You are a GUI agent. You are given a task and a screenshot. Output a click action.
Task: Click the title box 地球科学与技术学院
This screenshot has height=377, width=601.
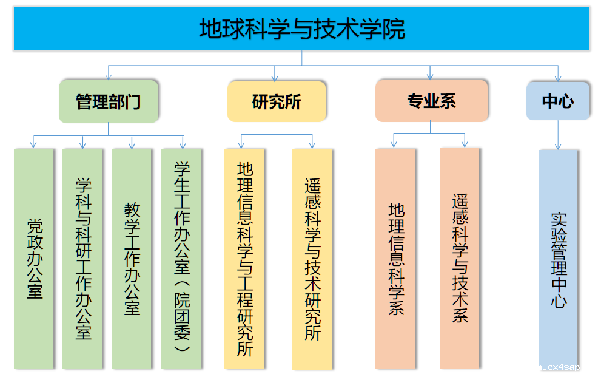[x=301, y=29]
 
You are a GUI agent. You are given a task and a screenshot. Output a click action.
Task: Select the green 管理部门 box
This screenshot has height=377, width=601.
[x=109, y=101]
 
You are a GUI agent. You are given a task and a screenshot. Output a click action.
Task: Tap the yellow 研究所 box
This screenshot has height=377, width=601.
[x=277, y=101]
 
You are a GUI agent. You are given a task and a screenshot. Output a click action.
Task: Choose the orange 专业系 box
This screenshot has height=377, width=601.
[x=431, y=101]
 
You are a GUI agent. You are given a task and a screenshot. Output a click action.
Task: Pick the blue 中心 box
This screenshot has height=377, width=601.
[x=557, y=101]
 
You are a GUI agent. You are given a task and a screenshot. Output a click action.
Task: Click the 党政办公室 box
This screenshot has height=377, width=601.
[x=34, y=259]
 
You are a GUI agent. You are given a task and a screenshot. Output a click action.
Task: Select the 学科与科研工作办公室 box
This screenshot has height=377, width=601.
[x=82, y=259]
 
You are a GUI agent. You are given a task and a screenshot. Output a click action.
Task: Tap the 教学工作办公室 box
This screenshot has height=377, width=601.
[x=132, y=259]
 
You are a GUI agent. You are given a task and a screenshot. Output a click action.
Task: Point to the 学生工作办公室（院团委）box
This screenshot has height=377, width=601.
[x=181, y=259]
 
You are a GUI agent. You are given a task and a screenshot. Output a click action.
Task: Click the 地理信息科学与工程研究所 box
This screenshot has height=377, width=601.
[x=244, y=259]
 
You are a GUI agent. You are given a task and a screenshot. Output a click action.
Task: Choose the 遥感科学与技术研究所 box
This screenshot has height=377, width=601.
[x=312, y=259]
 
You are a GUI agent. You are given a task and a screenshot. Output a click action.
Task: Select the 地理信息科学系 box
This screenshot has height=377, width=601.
[x=395, y=259]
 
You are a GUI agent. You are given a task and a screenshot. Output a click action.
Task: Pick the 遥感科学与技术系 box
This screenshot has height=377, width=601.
[x=460, y=259]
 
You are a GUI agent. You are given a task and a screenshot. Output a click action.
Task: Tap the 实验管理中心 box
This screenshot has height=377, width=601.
[x=558, y=259]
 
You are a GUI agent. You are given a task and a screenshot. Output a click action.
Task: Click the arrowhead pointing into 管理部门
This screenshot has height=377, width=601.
[x=109, y=76]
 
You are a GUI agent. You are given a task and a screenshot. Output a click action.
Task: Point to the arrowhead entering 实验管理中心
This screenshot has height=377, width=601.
[x=558, y=146]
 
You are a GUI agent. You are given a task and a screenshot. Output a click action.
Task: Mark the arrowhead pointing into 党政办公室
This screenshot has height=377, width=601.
[x=33, y=144]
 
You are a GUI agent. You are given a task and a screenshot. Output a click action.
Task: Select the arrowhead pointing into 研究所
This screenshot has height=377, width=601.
[x=276, y=77]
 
